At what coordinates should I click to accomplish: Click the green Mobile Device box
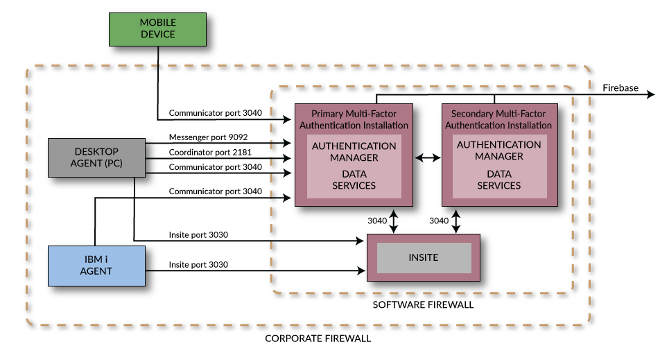tap(158, 29)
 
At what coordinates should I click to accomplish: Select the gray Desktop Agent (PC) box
tap(96, 157)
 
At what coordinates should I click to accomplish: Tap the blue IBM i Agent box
tap(96, 266)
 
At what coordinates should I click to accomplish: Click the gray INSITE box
tap(424, 257)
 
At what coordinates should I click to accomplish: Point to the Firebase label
tap(620, 88)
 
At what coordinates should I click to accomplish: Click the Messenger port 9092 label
tap(209, 137)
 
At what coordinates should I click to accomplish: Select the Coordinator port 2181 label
tap(210, 152)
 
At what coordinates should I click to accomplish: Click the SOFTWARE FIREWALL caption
tap(423, 305)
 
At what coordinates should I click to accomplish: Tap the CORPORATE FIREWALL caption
tap(318, 338)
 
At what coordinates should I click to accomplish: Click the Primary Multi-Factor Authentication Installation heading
tap(354, 119)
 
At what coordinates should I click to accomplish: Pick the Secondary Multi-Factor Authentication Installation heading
tap(498, 119)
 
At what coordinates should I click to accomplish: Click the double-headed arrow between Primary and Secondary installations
tap(428, 158)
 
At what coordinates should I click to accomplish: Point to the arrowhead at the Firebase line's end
tap(650, 94)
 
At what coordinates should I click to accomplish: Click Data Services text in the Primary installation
tap(354, 180)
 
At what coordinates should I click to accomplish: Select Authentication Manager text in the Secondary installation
tap(498, 151)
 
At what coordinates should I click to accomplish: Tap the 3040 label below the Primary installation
tap(377, 221)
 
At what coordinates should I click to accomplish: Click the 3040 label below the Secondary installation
tap(439, 221)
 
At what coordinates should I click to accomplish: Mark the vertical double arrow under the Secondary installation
tap(456, 221)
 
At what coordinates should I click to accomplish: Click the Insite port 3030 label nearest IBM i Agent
tap(198, 265)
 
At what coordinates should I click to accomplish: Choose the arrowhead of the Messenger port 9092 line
tap(287, 143)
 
